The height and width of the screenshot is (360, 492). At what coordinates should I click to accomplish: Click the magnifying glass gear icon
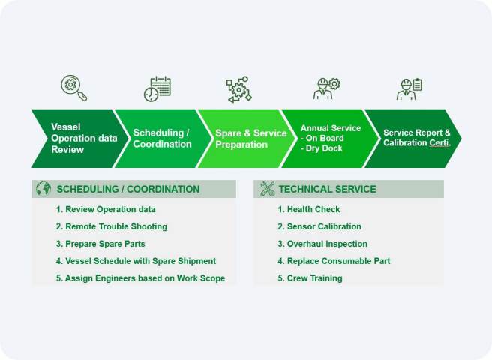(73, 88)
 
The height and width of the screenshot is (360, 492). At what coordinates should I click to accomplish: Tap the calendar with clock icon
(157, 88)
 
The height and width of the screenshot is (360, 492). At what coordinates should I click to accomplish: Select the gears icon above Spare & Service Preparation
(238, 89)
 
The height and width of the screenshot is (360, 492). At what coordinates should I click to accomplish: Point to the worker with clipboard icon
(409, 88)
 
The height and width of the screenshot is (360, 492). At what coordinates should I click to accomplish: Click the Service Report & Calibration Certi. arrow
(415, 139)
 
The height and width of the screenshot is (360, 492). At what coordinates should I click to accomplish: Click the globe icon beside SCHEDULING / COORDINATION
(43, 189)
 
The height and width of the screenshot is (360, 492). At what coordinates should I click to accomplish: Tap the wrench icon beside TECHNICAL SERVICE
(267, 189)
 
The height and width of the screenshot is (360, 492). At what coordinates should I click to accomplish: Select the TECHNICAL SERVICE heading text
(327, 189)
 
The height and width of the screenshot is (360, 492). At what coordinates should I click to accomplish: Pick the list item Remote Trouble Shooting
(112, 226)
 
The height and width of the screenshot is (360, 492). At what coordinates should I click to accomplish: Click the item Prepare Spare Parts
(100, 244)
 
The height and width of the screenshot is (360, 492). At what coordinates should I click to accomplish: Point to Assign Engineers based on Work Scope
(140, 278)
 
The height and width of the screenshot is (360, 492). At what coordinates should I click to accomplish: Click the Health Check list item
(309, 209)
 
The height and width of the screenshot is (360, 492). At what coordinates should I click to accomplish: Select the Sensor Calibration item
(319, 226)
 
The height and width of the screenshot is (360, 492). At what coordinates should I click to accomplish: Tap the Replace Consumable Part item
(334, 261)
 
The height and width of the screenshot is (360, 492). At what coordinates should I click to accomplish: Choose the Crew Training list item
(310, 278)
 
